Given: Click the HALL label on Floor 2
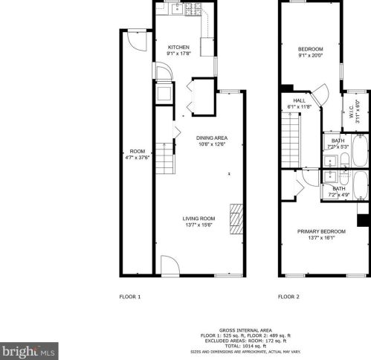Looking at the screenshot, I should pyautogui.click(x=299, y=100).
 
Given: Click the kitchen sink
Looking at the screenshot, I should pyautogui.click(x=178, y=9).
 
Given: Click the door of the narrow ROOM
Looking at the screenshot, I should pyautogui.click(x=131, y=42).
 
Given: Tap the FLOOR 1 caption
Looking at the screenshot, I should pyautogui.click(x=129, y=297).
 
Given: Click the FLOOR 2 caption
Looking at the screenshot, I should pyautogui.click(x=288, y=297).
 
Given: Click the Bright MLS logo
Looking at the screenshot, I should pyautogui.click(x=30, y=349).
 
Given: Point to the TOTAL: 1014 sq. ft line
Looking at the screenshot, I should pyautogui.click(x=245, y=347).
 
